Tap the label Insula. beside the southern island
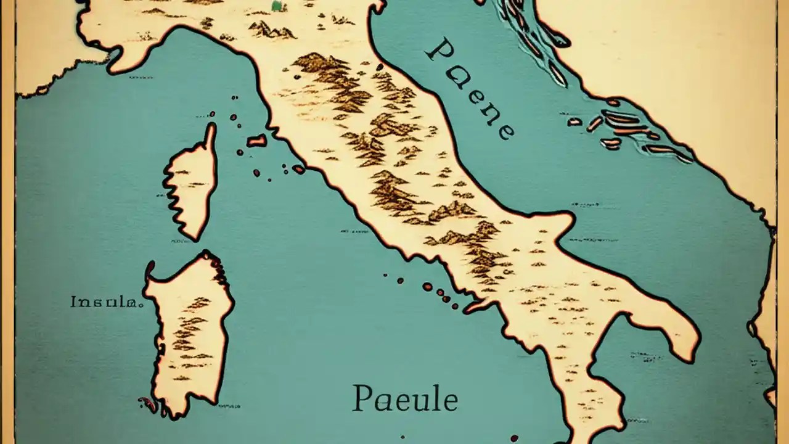coord(107,302)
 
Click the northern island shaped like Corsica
coord(192,185)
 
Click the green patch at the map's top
coord(277,6)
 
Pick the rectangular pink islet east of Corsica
coord(257,141)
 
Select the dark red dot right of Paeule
coord(513,438)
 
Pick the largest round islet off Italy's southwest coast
coord(427,287)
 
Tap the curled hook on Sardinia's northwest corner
coord(149,269)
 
